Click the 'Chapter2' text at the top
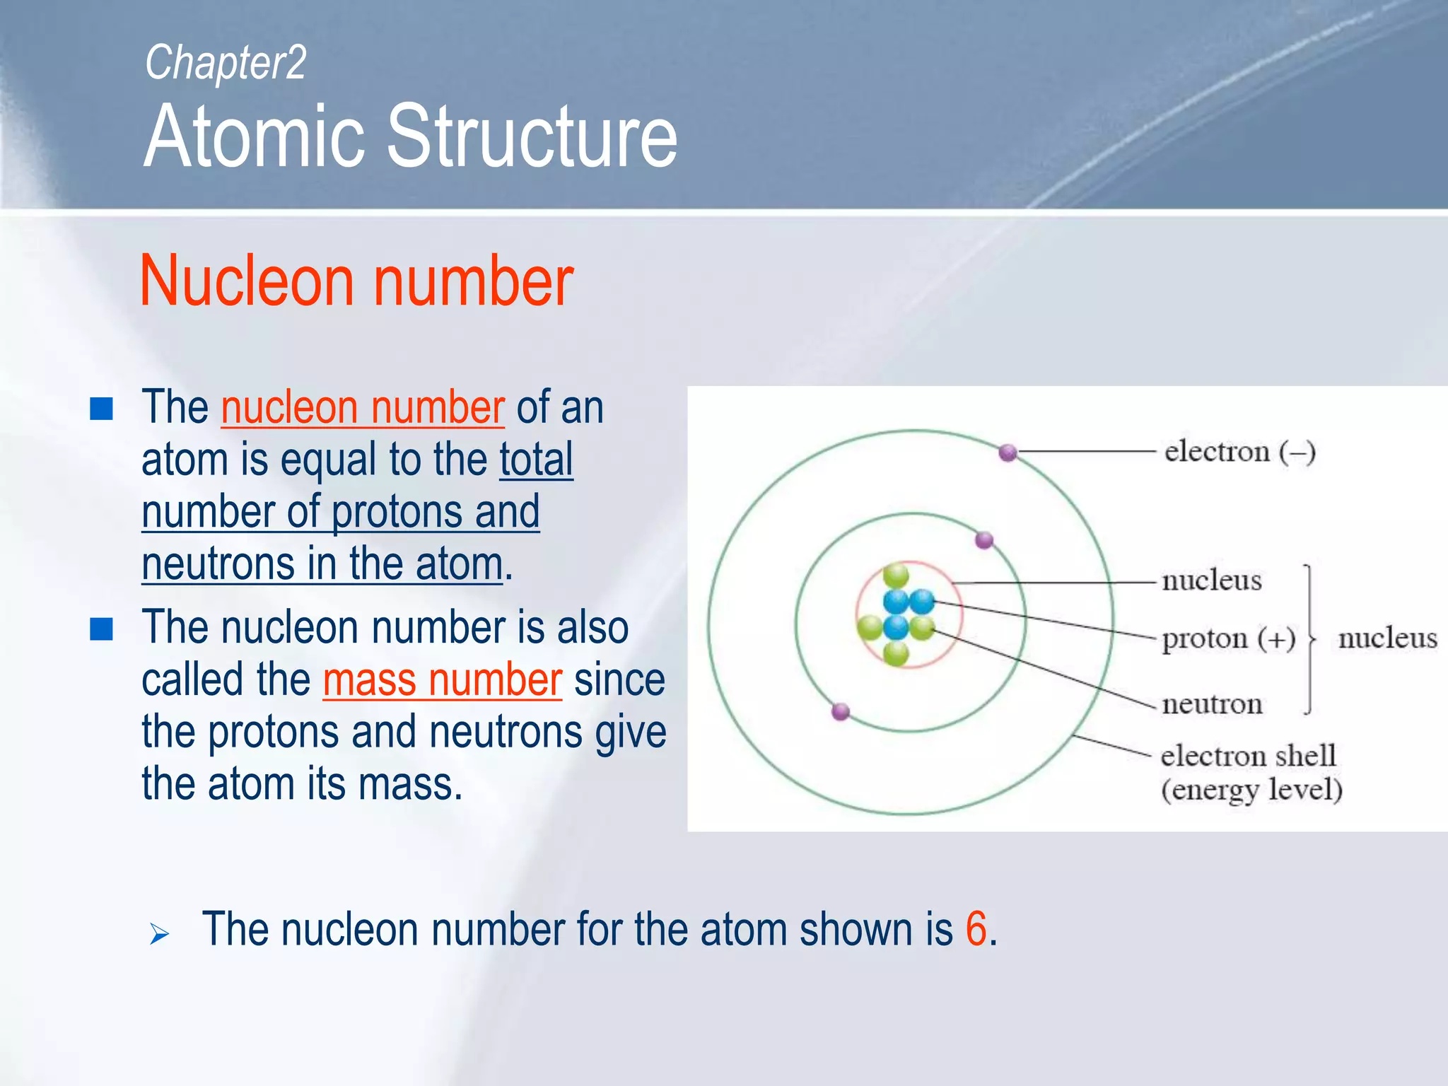226,63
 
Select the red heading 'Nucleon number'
356,281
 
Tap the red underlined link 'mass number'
443,680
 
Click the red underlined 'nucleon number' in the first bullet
363,408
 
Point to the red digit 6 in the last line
976,928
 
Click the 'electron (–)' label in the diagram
1239,451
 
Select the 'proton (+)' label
1228,638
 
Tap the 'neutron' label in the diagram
1212,703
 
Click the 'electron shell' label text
1248,756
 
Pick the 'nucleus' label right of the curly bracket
1387,638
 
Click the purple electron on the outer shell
1008,452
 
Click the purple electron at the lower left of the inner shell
841,711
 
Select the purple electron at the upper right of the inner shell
984,541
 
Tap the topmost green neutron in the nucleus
896,575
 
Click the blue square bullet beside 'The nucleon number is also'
102,629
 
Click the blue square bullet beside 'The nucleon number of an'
102,409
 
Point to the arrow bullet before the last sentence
159,934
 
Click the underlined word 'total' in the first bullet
536,460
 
